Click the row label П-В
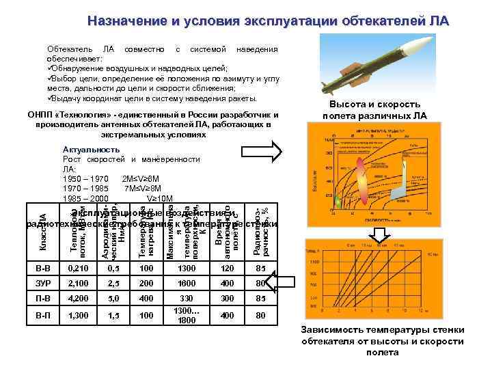pyautogui.click(x=46, y=299)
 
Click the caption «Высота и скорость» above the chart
pyautogui.click(x=374, y=104)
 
